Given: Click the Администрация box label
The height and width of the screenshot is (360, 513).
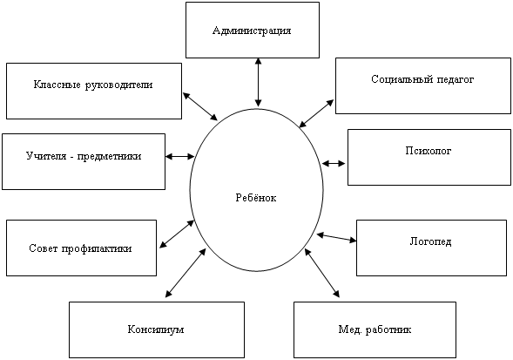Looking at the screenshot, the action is [x=252, y=31].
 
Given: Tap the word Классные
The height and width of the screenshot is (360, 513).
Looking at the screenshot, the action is [x=57, y=85].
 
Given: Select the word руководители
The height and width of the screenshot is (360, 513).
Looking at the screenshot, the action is [x=119, y=85].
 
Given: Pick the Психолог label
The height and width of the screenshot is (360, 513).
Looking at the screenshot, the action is [x=429, y=151].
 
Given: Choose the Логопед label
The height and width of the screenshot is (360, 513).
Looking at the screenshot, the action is [x=430, y=241].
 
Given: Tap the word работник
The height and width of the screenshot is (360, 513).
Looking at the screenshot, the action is [x=388, y=329].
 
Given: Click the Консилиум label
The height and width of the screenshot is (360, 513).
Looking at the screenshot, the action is [x=156, y=329].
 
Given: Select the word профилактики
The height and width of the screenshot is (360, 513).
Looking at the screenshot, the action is [x=97, y=248].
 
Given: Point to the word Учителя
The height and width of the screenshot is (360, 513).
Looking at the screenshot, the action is [x=45, y=156].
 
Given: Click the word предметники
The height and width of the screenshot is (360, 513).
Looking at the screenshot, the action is [x=109, y=157].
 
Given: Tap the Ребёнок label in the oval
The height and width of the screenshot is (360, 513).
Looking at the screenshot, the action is [x=256, y=198].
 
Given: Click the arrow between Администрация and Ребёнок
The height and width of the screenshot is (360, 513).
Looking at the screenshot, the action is [x=259, y=83].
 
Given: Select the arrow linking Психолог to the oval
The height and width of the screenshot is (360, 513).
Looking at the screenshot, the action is [x=334, y=163].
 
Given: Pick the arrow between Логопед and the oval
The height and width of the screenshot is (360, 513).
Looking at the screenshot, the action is [x=337, y=237].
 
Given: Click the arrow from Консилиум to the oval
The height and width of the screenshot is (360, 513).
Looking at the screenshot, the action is [x=186, y=273].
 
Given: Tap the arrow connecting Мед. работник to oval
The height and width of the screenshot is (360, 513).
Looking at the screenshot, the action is [x=322, y=273].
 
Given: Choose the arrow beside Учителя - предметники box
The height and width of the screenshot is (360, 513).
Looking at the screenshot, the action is [x=179, y=156].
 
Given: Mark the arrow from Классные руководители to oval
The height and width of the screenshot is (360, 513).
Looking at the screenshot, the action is [x=200, y=106].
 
